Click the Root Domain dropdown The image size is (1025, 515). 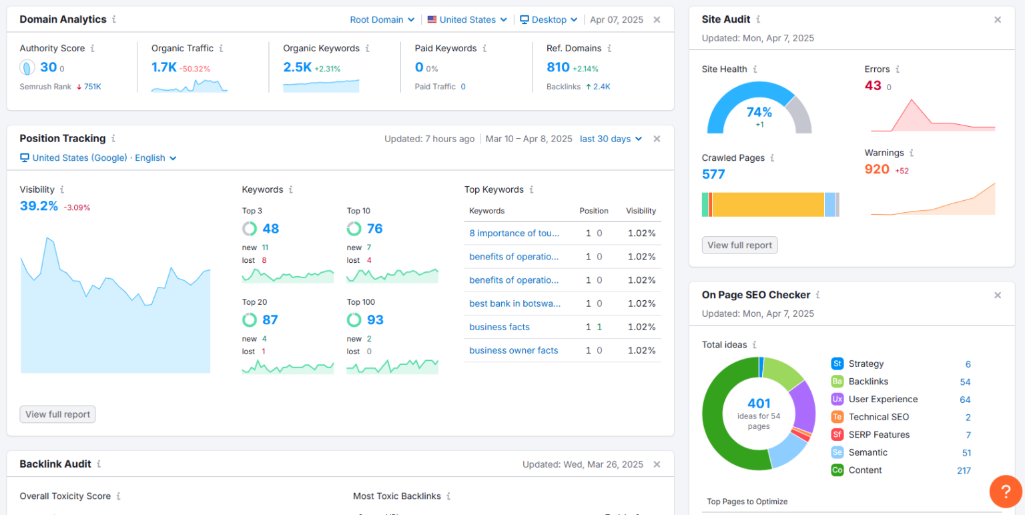pos(382,20)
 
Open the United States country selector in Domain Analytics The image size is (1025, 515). pos(467,20)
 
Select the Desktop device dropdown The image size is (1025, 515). pos(548,20)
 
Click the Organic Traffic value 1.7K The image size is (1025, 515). pos(163,67)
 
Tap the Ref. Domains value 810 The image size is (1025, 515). pos(558,67)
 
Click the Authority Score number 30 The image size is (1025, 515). pos(48,67)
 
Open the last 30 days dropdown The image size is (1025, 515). pos(611,139)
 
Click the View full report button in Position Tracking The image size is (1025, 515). pos(57,414)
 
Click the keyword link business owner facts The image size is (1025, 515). pos(513,350)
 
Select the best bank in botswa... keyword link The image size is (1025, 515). pos(515,304)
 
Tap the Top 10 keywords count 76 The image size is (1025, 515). pos(374,229)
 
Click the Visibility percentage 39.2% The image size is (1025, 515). pos(39,206)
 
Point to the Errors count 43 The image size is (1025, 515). pos(873,85)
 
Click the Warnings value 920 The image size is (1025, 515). pos(877,169)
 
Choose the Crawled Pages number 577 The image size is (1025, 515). pos(713,174)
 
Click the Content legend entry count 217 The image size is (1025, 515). pos(963,471)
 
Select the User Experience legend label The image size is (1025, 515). pos(883,400)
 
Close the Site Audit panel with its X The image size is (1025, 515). pos(998,20)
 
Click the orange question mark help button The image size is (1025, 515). pos(1006,492)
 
